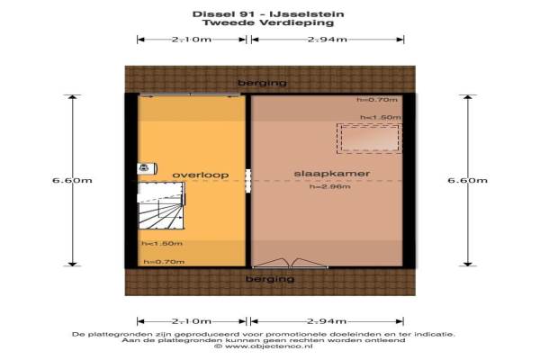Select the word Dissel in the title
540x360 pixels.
click(208, 14)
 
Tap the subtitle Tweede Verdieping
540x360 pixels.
click(270, 24)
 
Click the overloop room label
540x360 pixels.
click(201, 174)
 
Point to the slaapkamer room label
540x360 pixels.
click(320, 174)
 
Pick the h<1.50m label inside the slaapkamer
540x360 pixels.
click(379, 118)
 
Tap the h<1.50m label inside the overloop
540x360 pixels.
click(162, 243)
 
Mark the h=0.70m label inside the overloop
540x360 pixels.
click(163, 262)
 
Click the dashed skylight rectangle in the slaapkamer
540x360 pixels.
click(367, 138)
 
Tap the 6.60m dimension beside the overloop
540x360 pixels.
click(71, 180)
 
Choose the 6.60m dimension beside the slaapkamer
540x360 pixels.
click(466, 180)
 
